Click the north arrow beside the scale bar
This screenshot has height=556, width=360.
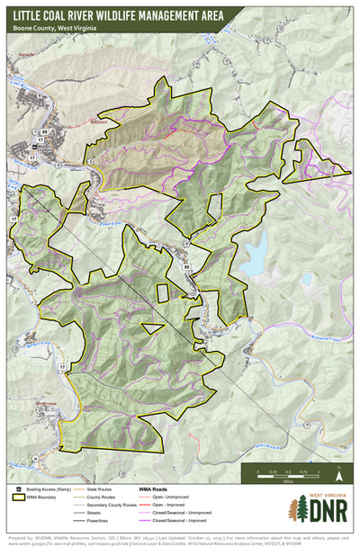click(338, 470)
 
